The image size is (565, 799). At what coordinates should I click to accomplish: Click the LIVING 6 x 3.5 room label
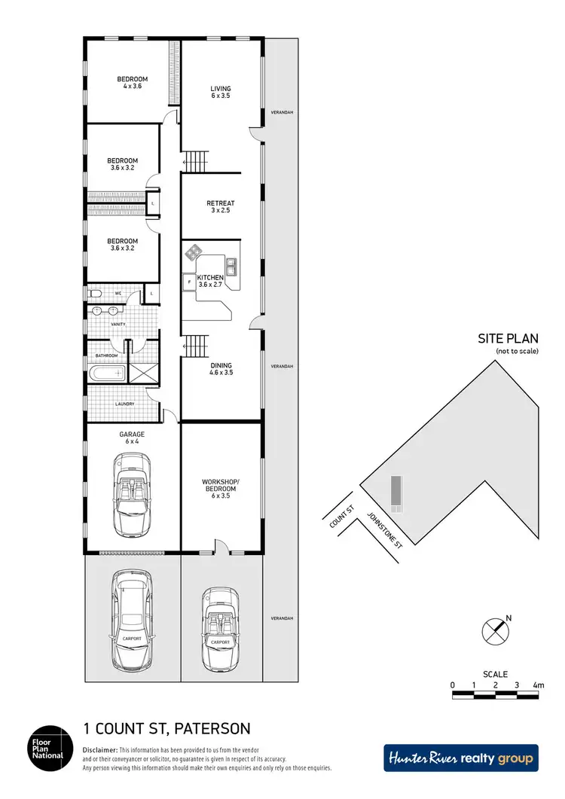(220, 93)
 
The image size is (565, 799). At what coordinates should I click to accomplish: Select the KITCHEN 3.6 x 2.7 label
(210, 281)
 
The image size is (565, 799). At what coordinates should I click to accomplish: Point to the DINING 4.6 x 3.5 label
(221, 369)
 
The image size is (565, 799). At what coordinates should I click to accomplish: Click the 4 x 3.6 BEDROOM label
(132, 83)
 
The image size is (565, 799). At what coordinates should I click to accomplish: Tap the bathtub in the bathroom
(105, 372)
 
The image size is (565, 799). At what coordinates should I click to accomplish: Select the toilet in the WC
(94, 294)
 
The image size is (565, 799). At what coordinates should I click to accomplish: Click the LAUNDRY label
(124, 404)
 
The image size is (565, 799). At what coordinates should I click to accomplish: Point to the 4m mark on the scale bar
(537, 685)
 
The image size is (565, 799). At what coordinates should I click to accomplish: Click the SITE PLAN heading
(508, 339)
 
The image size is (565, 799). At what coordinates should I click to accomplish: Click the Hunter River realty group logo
(461, 758)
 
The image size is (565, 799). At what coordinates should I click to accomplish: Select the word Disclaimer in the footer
(99, 750)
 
